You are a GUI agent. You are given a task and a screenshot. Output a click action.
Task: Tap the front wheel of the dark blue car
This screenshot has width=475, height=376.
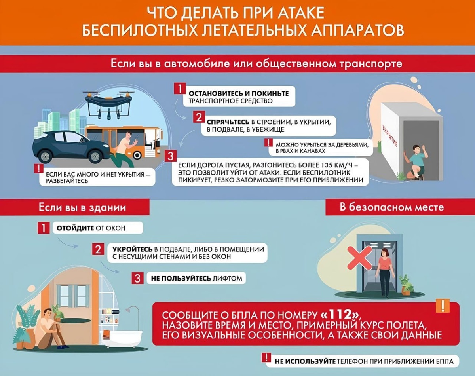point(95,156)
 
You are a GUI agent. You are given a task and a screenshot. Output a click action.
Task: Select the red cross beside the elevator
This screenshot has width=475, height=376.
point(359,258)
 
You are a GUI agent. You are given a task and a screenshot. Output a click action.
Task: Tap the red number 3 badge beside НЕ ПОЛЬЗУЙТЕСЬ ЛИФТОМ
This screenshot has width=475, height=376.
point(137,278)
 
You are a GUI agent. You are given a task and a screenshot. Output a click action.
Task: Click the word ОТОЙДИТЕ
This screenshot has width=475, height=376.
point(75,228)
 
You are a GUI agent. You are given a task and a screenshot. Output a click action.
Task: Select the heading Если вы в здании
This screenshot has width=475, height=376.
point(82,207)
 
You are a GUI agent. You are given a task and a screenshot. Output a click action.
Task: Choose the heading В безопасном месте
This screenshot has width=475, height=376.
point(391,207)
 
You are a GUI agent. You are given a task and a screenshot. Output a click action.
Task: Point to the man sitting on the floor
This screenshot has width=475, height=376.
point(49,329)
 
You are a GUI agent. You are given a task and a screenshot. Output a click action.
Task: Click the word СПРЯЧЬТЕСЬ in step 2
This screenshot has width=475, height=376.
point(228,122)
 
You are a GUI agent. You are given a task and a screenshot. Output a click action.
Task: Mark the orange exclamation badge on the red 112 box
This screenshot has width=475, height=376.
point(443,306)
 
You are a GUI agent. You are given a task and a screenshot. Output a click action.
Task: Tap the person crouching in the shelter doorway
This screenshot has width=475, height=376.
point(416,162)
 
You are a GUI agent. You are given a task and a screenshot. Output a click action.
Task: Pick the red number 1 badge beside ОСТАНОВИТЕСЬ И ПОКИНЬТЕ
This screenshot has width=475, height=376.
point(180,89)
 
